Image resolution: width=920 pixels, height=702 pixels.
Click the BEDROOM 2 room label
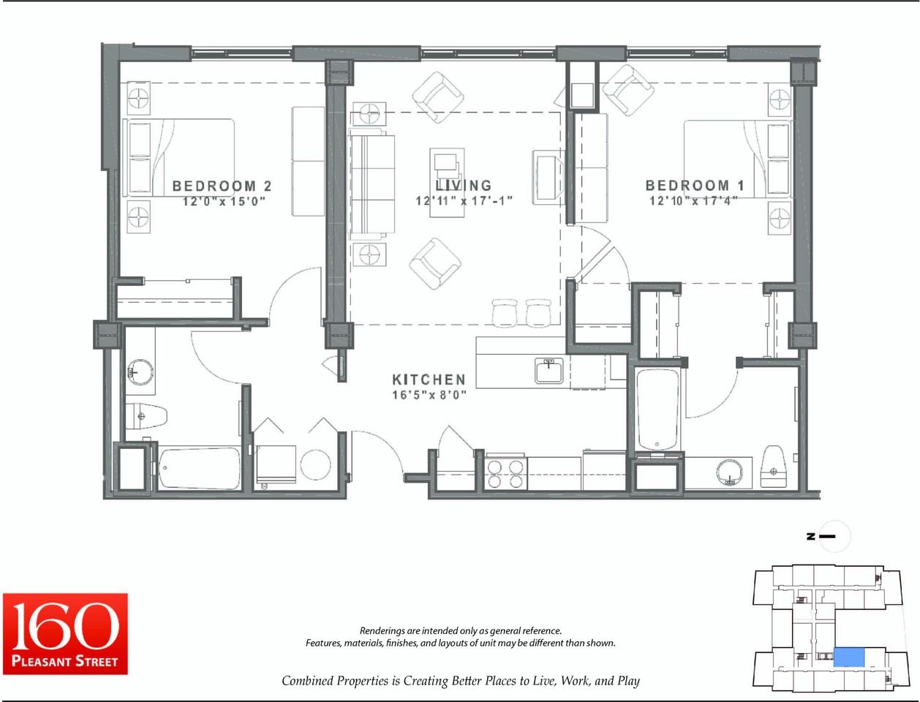[x=222, y=186]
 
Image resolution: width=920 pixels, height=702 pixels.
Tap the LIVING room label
[x=464, y=185]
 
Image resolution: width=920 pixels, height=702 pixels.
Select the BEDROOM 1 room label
[x=695, y=185]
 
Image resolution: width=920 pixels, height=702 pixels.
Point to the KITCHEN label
[x=429, y=380]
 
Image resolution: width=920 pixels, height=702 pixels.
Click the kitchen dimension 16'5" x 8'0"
[x=429, y=395]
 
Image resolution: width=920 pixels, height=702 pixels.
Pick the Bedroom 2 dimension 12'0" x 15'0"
[x=224, y=201]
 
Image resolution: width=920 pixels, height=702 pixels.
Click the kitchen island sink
[x=548, y=370]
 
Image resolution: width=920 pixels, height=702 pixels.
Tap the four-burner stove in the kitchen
[x=505, y=474]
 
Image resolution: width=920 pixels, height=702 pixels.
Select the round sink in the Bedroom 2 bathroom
[x=140, y=372]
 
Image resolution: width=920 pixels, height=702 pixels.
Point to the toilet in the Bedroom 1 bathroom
[x=773, y=467]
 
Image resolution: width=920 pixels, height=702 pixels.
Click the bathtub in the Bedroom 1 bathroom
[x=657, y=409]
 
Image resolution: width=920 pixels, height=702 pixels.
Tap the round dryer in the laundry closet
[x=315, y=465]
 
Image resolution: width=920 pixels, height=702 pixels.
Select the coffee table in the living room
[x=447, y=183]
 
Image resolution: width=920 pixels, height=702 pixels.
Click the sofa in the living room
[x=372, y=184]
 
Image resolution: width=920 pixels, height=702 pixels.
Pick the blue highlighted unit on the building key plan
[x=849, y=657]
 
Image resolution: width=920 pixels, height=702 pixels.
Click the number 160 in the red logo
[x=65, y=627]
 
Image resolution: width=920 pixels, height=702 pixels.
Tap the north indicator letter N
[x=810, y=536]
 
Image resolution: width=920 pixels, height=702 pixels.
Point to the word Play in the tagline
[x=628, y=681]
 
